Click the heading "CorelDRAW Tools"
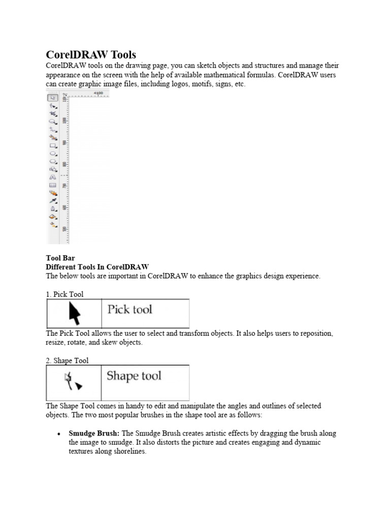click(91, 54)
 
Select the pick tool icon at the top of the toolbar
click(52, 98)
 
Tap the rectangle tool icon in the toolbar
click(52, 145)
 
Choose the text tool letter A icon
click(52, 177)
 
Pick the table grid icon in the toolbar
click(52, 185)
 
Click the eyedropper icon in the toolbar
click(52, 201)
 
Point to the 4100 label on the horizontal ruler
click(99, 93)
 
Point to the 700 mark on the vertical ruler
click(64, 186)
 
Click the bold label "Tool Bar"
click(60, 258)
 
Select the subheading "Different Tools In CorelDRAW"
click(97, 267)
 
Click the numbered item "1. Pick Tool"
click(64, 294)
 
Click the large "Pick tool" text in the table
click(129, 309)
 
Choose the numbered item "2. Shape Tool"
click(67, 361)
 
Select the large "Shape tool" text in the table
click(134, 376)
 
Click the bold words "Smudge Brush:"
click(94, 433)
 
